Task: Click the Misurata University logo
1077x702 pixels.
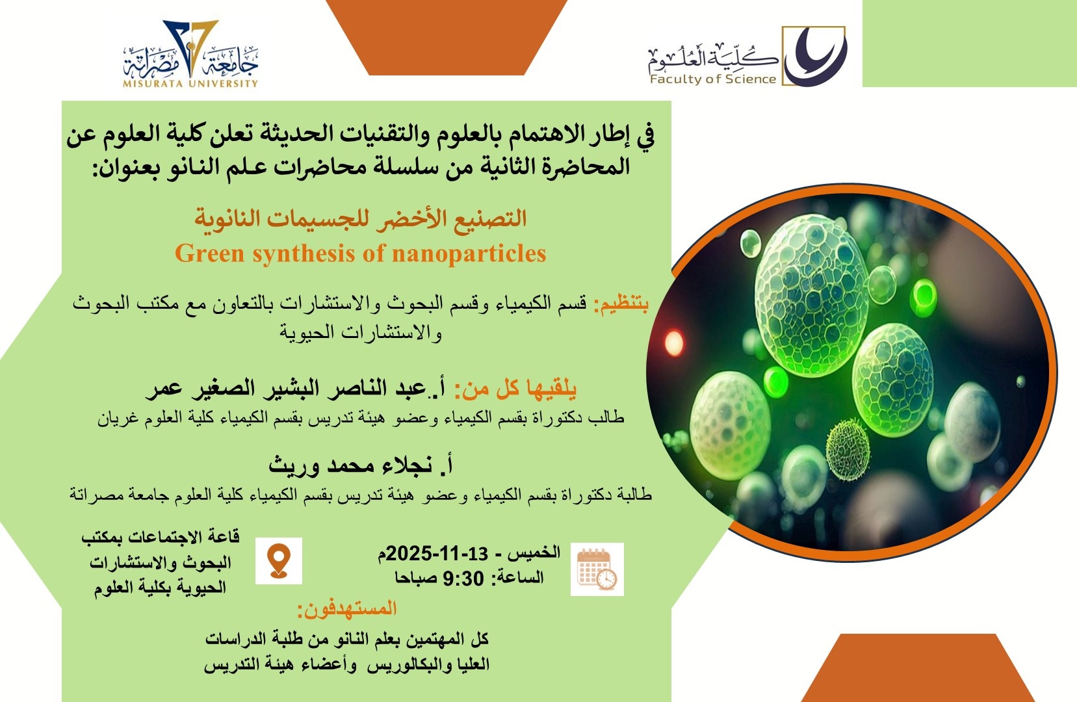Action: (191, 53)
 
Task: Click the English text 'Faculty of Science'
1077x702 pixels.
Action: (713, 79)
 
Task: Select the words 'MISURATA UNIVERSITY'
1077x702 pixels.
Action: (191, 83)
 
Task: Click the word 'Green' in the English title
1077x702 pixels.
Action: (210, 253)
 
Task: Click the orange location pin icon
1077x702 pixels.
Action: (279, 561)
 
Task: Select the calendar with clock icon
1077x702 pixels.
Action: (597, 569)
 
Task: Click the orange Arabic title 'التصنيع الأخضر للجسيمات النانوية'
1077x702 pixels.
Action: (361, 219)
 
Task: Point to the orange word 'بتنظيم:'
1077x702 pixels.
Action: (621, 304)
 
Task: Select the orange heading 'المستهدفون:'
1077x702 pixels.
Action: (347, 609)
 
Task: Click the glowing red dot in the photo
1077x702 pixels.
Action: (673, 343)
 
